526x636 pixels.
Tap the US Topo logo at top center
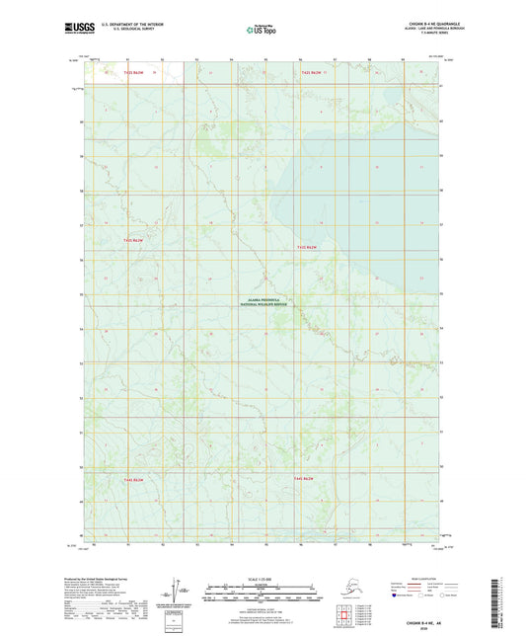click(262, 31)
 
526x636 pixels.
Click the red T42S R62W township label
click(134, 73)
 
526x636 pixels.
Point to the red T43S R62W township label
click(134, 240)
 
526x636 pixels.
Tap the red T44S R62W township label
click(134, 479)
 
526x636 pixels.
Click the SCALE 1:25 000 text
click(262, 578)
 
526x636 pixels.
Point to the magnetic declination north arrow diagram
click(180, 591)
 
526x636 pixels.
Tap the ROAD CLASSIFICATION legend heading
click(419, 577)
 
